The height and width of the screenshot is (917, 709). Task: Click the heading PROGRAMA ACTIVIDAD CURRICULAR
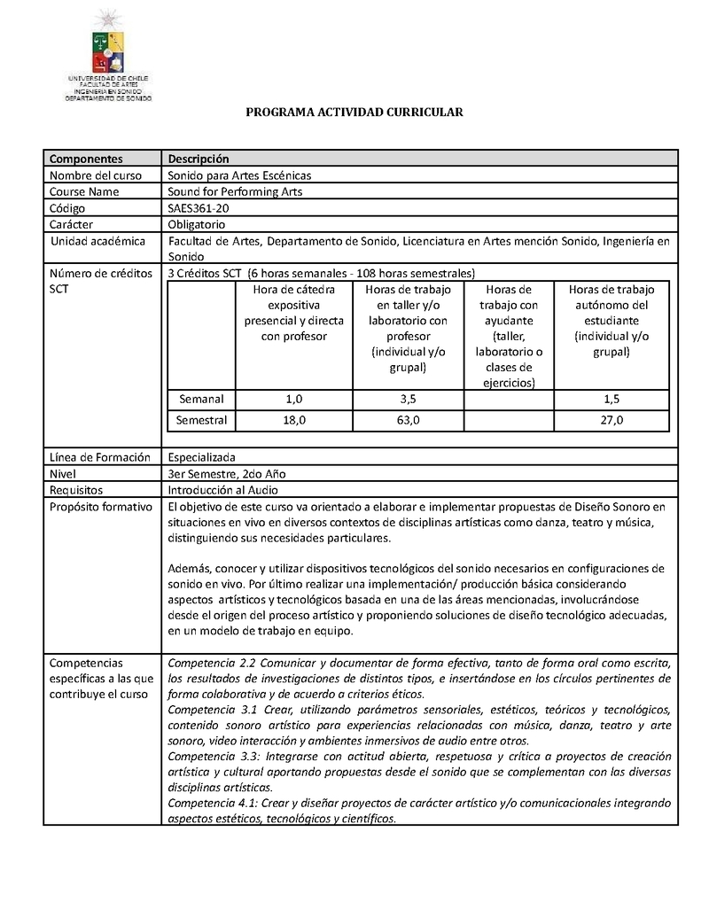(x=354, y=113)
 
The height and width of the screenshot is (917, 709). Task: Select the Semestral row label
(x=201, y=420)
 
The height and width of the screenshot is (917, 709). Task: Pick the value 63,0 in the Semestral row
(x=409, y=420)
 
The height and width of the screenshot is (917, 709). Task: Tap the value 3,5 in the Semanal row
(x=409, y=400)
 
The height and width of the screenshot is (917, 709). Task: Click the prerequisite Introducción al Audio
(x=223, y=490)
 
